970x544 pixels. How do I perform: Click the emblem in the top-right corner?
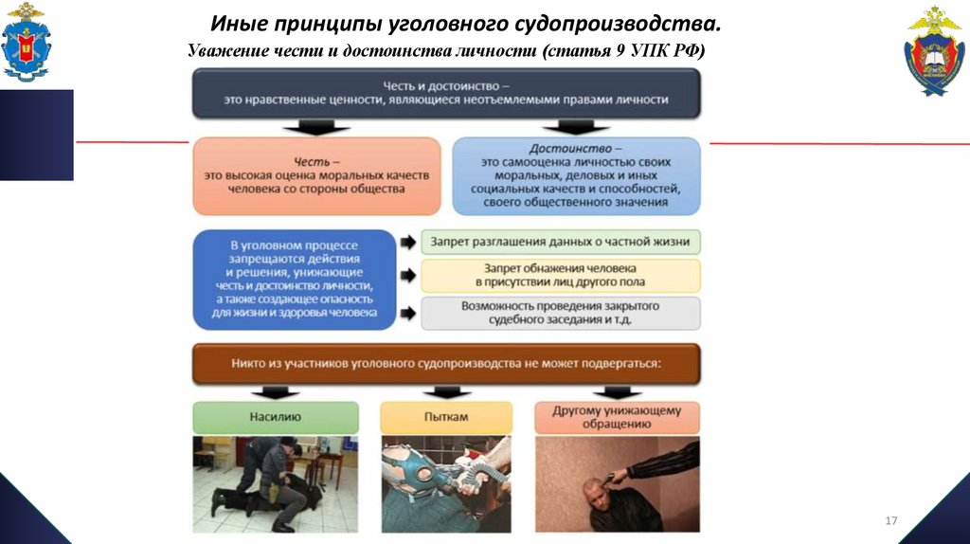(x=934, y=51)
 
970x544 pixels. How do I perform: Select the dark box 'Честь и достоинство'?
(x=446, y=92)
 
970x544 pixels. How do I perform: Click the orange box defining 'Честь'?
(x=316, y=175)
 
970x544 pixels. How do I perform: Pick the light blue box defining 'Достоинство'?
(x=576, y=175)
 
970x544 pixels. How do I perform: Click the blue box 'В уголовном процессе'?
(x=294, y=279)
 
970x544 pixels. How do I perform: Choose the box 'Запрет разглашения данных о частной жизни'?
(x=561, y=242)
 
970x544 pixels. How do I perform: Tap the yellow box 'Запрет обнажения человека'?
(x=561, y=276)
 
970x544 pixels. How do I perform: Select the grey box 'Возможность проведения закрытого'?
(x=561, y=313)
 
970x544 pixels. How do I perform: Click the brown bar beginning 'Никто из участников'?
(x=446, y=363)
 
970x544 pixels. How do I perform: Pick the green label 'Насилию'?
(x=276, y=416)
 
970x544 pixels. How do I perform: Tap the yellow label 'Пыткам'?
(x=446, y=416)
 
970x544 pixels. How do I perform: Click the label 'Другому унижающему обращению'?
(x=617, y=416)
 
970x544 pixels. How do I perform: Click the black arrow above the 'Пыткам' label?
(x=446, y=391)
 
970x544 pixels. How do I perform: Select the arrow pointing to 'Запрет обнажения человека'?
(x=407, y=276)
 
